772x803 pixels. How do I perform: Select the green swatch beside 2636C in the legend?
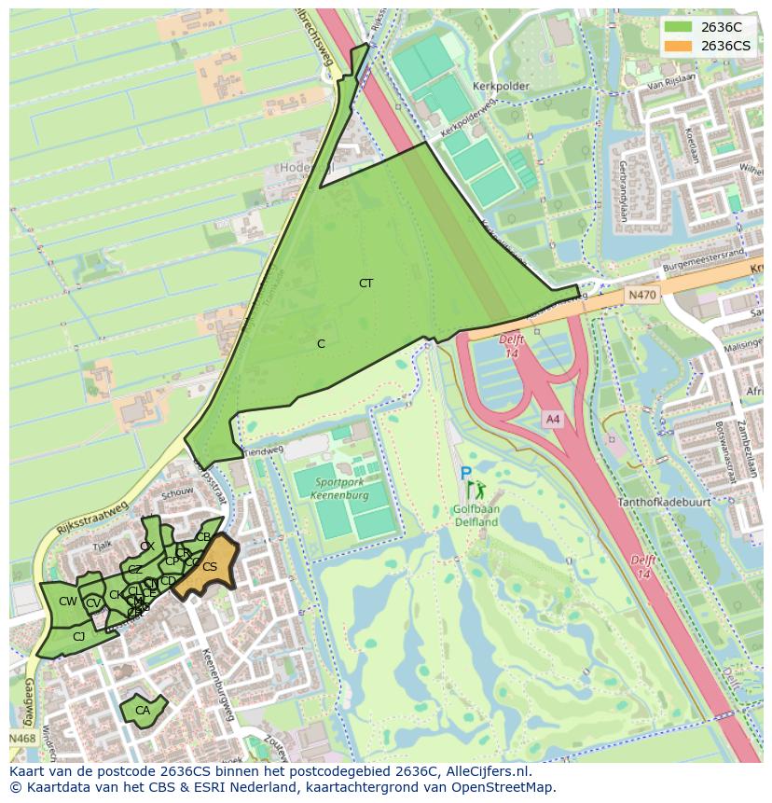[x=678, y=27]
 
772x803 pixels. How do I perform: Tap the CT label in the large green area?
[x=365, y=283]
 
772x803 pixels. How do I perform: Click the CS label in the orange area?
[x=210, y=567]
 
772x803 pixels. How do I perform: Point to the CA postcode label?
[x=143, y=711]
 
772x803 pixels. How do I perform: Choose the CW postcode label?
[x=68, y=602]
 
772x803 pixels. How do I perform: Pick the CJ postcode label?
[x=79, y=637]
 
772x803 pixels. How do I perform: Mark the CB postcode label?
[x=203, y=537]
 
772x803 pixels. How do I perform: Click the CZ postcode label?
[x=135, y=570]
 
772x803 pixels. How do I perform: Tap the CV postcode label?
[x=93, y=603]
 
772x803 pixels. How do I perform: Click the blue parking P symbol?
[x=465, y=474]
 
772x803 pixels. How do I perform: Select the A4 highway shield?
[x=553, y=420]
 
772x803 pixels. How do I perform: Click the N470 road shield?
[x=641, y=295]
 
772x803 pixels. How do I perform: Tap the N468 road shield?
[x=23, y=739]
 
